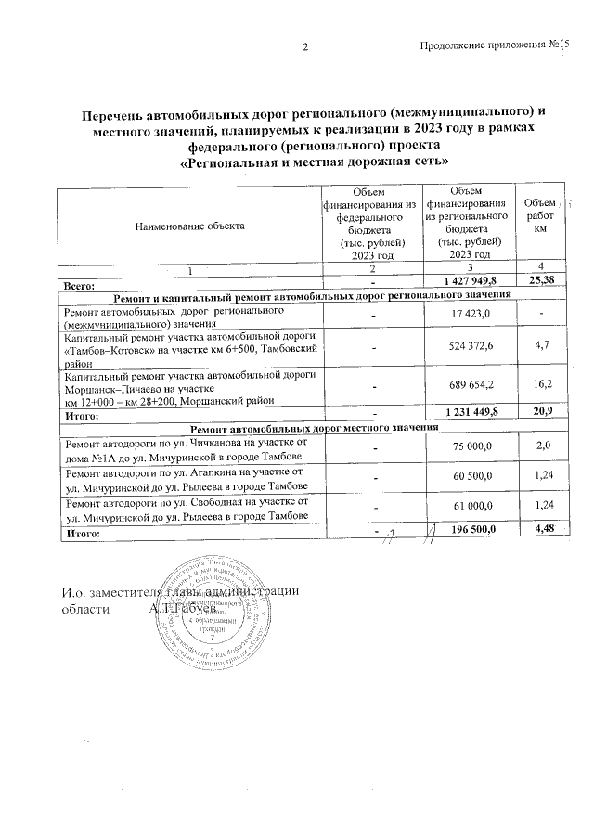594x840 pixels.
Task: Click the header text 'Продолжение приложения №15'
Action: (493, 46)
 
